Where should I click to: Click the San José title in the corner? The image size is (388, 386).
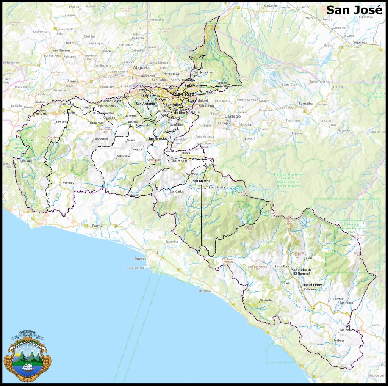click(354, 10)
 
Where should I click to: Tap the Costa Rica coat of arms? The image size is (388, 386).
click(25, 356)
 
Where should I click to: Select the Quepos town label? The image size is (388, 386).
click(140, 259)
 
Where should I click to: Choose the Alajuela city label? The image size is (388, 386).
click(142, 68)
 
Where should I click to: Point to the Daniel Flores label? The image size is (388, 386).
click(312, 284)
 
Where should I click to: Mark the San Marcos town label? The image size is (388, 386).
click(201, 181)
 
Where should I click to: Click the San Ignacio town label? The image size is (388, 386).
click(156, 138)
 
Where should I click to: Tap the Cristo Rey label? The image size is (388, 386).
click(67, 183)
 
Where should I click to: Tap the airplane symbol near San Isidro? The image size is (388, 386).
click(288, 283)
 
